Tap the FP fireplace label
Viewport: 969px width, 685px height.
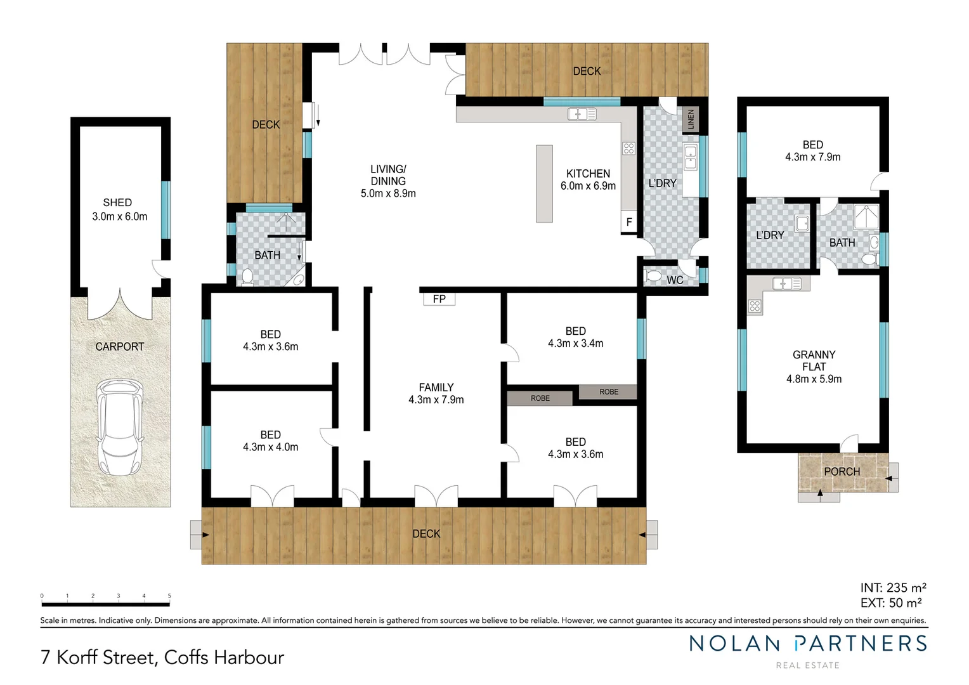(x=439, y=299)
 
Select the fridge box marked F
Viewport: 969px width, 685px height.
(x=628, y=222)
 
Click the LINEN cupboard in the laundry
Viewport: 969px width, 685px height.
(x=691, y=119)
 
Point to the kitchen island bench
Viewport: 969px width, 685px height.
(x=544, y=183)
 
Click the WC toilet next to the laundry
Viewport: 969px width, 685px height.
(x=653, y=277)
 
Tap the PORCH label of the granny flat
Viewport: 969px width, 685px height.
(x=842, y=471)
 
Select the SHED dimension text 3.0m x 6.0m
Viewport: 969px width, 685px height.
(x=119, y=216)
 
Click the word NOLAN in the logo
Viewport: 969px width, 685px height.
(x=734, y=644)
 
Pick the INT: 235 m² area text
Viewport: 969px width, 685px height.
(x=893, y=588)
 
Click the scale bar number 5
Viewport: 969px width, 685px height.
(x=169, y=596)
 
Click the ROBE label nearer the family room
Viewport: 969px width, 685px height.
(x=540, y=398)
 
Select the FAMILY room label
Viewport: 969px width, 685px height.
(x=436, y=388)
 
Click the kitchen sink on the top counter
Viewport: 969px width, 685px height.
(x=582, y=114)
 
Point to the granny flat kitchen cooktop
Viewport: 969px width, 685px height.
(x=755, y=306)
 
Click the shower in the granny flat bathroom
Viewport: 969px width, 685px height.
(x=864, y=217)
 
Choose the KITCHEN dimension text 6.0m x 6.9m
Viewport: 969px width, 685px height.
(x=588, y=186)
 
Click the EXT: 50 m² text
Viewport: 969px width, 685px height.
(x=890, y=603)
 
